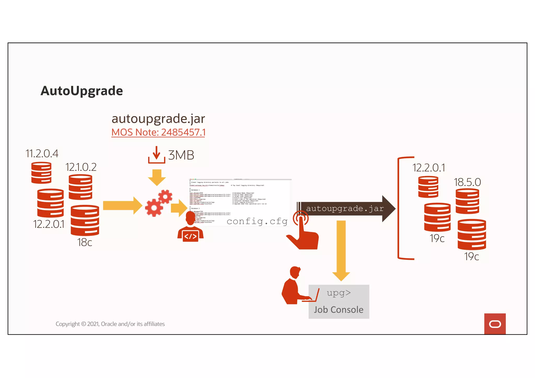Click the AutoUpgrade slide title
tap(82, 91)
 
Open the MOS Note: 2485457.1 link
tap(158, 132)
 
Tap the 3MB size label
tap(181, 155)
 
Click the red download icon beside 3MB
tap(156, 155)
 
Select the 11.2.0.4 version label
tap(42, 154)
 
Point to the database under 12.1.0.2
tap(80, 187)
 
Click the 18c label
tap(84, 242)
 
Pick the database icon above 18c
tap(85, 220)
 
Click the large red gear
tap(154, 207)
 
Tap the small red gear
tap(165, 196)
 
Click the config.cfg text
tap(257, 221)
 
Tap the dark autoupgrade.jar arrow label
tap(345, 208)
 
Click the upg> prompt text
tap(339, 293)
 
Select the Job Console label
tap(339, 310)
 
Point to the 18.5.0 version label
tap(467, 182)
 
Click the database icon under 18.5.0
tap(467, 201)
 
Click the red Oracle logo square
tap(495, 324)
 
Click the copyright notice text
tap(110, 324)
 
